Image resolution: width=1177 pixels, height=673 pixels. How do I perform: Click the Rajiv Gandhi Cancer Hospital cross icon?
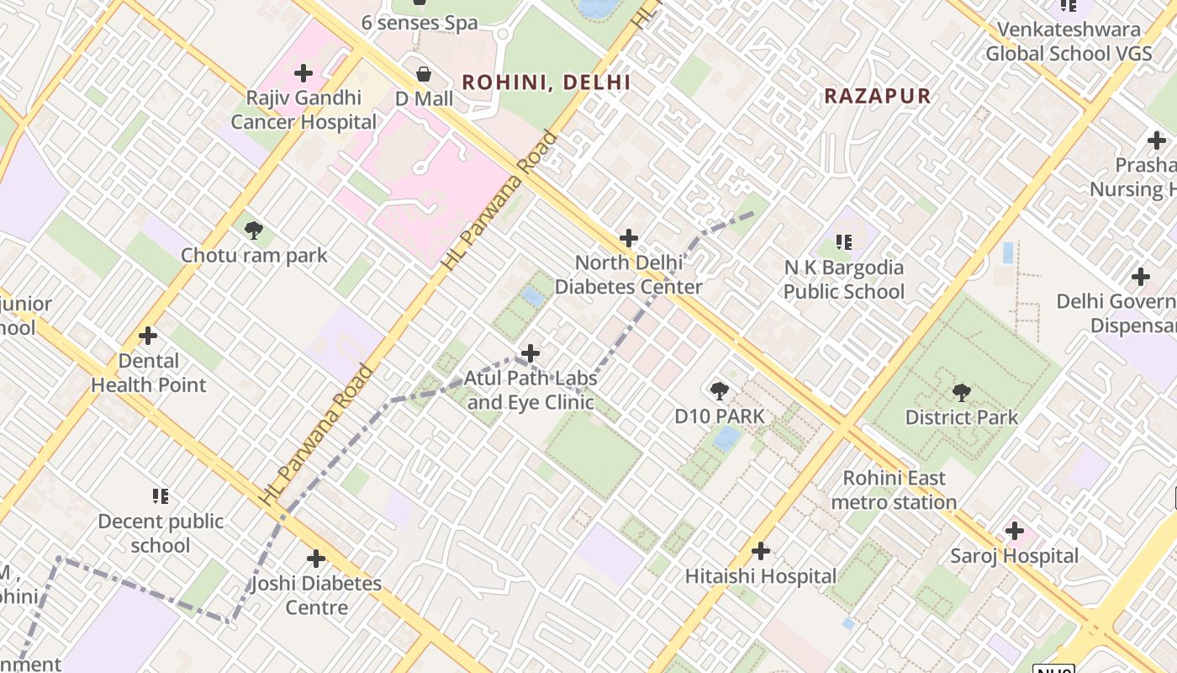pyautogui.click(x=303, y=73)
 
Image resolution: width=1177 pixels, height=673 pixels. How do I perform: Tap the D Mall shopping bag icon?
pyautogui.click(x=425, y=74)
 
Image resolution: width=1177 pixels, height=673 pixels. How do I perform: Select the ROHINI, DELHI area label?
pyautogui.click(x=546, y=82)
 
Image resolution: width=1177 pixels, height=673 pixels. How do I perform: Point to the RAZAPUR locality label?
pyautogui.click(x=877, y=96)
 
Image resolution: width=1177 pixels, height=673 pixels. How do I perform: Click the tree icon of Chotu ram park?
pyautogui.click(x=253, y=230)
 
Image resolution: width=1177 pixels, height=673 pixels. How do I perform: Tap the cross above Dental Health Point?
pyautogui.click(x=148, y=336)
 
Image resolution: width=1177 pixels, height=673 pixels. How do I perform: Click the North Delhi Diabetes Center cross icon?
pyautogui.click(x=628, y=238)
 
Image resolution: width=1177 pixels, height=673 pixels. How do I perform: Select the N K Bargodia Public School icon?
pyautogui.click(x=845, y=243)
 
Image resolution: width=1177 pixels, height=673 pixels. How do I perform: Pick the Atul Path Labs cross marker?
pyautogui.click(x=530, y=353)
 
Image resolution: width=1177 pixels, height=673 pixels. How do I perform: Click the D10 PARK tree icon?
pyautogui.click(x=719, y=391)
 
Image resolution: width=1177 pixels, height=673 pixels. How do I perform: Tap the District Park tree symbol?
pyautogui.click(x=961, y=392)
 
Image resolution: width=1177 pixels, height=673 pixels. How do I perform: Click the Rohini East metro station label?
pyautogui.click(x=894, y=490)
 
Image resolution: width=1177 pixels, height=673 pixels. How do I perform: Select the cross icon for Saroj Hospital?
pyautogui.click(x=1015, y=531)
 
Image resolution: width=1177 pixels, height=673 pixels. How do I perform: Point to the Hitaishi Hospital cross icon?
pyautogui.click(x=761, y=551)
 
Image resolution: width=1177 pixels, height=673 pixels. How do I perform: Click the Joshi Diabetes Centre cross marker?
pyautogui.click(x=315, y=558)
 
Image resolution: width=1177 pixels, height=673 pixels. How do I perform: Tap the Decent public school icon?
pyautogui.click(x=160, y=496)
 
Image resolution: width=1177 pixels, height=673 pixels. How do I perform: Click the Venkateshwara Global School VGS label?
pyautogui.click(x=1069, y=42)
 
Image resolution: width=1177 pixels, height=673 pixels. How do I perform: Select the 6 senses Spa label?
pyautogui.click(x=420, y=23)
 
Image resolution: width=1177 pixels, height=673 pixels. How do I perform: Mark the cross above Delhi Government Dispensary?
pyautogui.click(x=1141, y=276)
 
